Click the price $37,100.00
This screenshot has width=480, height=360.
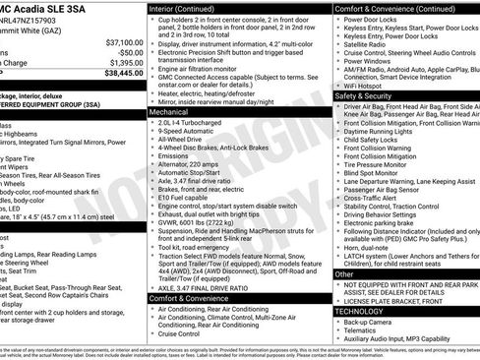pos(124,42)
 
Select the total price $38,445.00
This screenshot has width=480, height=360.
pos(124,72)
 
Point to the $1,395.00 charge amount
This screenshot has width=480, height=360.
pos(125,62)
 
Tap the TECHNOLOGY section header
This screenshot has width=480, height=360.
pos(362,310)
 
